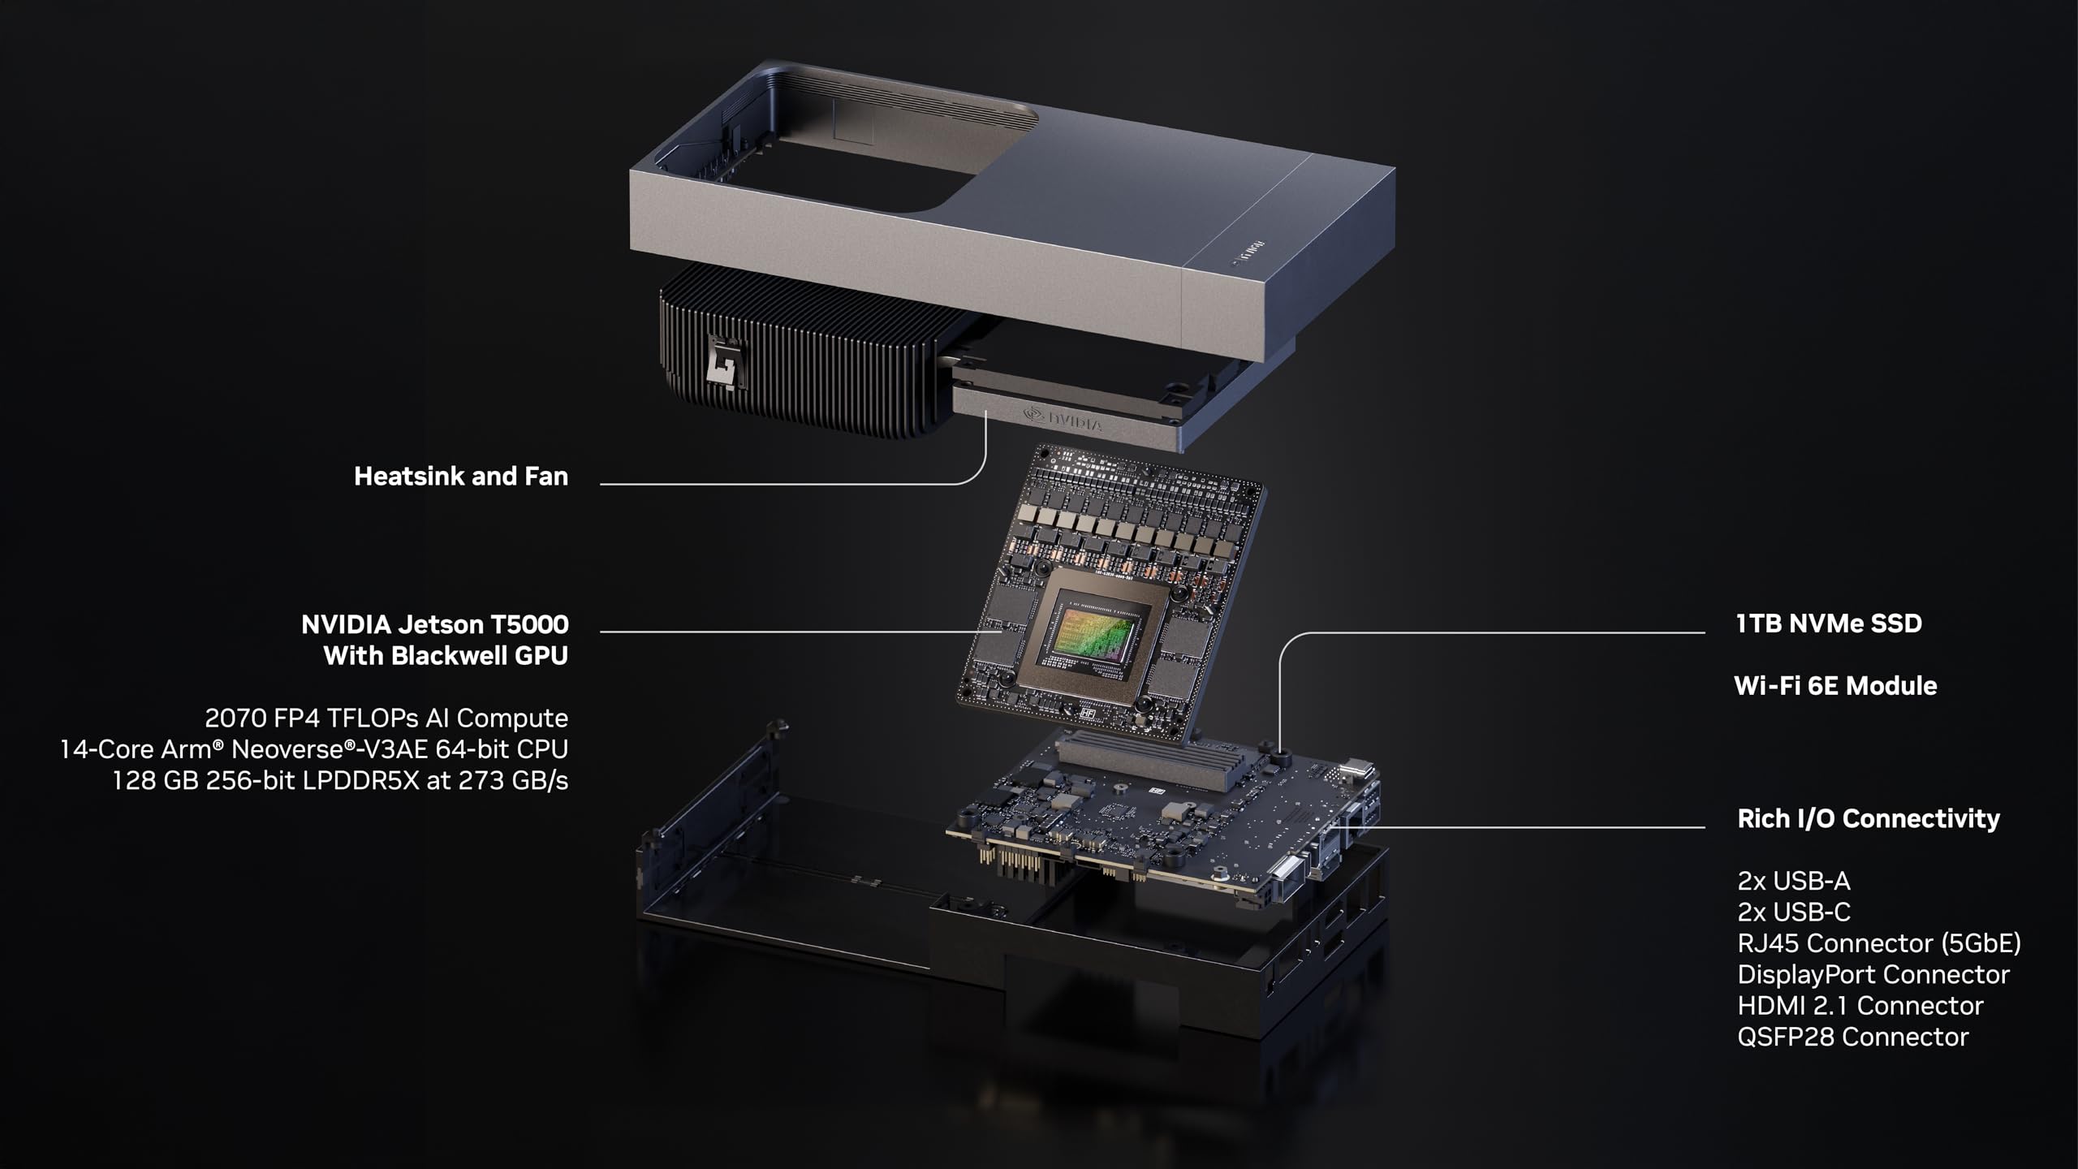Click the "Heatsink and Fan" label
click(x=461, y=477)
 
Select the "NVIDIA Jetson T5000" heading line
click(x=434, y=624)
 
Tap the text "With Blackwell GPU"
click(x=446, y=656)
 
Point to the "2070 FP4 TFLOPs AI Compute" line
click(x=386, y=718)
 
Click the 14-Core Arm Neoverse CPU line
click(x=314, y=749)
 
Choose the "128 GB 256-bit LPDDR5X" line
click(x=340, y=781)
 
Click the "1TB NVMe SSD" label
click(x=1829, y=623)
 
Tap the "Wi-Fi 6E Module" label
click(x=1835, y=686)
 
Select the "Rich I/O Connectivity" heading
click(x=1869, y=818)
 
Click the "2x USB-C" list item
click(x=1794, y=912)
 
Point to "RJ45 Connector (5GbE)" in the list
click(x=1879, y=943)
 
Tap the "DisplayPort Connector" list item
click(x=1873, y=974)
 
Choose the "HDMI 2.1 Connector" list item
click(x=1860, y=1006)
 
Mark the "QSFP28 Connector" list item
click(x=1853, y=1037)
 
